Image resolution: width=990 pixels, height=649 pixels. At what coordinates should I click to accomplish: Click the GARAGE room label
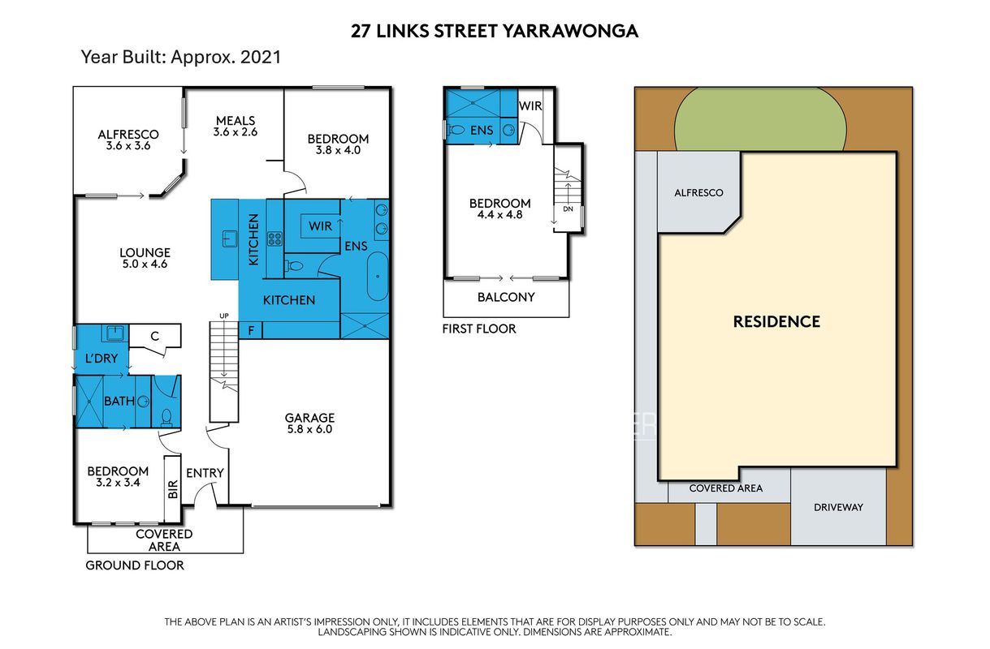[309, 418]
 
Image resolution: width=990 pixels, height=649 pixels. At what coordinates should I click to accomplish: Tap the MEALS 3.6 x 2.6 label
[236, 126]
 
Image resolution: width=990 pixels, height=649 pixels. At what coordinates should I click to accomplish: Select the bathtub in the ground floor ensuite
[378, 277]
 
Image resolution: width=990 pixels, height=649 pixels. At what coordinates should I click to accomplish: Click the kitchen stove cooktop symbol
[275, 239]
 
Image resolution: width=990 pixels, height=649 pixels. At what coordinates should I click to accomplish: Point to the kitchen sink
[229, 239]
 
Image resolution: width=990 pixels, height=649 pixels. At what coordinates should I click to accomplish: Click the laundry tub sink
[115, 333]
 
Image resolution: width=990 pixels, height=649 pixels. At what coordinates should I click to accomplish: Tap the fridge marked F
[251, 330]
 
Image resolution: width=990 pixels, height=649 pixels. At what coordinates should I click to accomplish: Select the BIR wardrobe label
[173, 489]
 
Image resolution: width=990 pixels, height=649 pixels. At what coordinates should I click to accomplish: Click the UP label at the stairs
[224, 316]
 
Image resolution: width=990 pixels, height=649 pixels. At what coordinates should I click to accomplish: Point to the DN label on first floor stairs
[568, 208]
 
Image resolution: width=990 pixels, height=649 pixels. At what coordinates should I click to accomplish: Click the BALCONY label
[506, 297]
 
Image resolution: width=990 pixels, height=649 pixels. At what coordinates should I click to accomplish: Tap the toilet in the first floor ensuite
[456, 131]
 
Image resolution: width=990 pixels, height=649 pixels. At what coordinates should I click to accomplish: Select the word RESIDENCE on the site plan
[776, 321]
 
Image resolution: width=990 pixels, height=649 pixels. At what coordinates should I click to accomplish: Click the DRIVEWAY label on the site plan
[838, 507]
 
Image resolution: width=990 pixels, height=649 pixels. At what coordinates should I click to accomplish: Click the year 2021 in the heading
[261, 58]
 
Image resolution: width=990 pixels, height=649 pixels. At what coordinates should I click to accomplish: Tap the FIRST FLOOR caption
[479, 329]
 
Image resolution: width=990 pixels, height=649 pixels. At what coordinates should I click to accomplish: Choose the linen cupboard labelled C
[154, 337]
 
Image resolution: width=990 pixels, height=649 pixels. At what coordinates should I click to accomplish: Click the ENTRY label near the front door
[205, 473]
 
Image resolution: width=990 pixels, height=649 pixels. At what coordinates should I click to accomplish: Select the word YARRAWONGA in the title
[570, 32]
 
